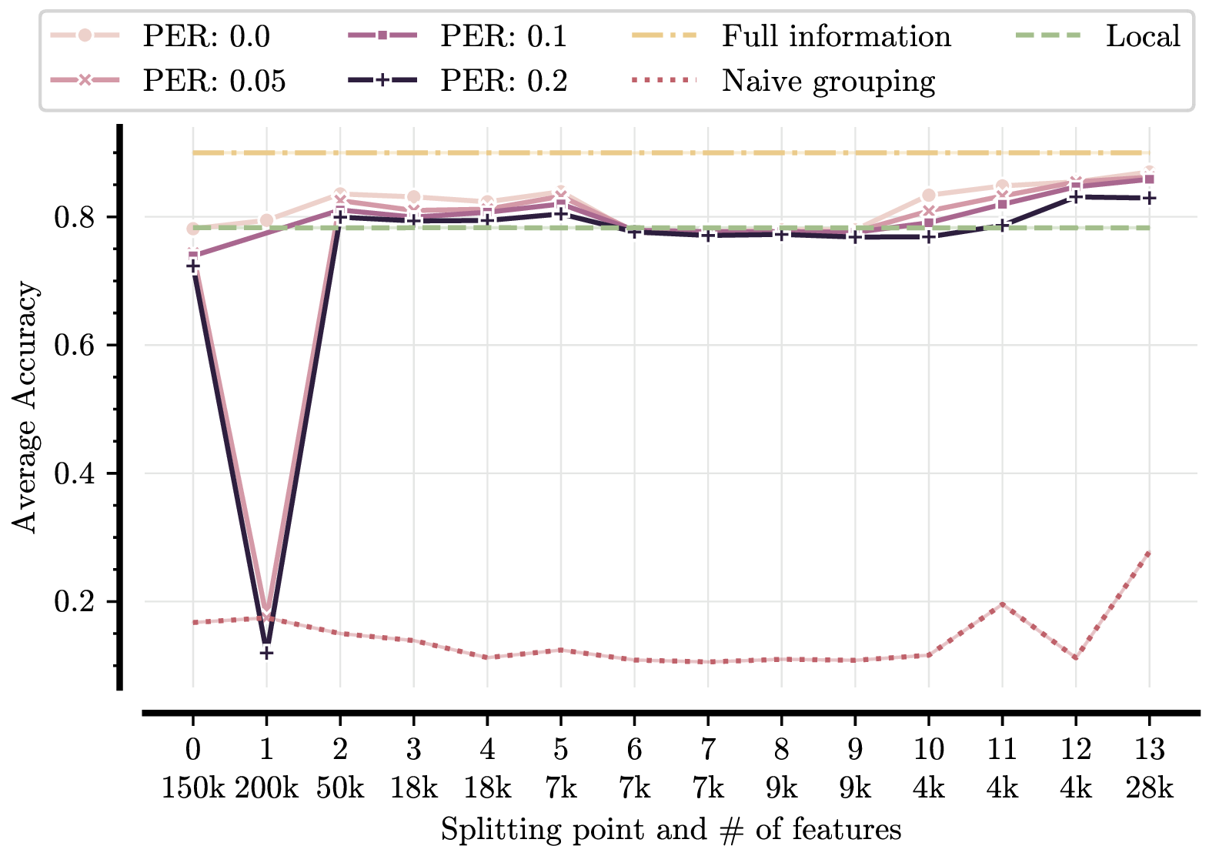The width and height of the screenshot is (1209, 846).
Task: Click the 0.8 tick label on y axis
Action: (74, 218)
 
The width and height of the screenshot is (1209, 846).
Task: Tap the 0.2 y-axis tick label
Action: (74, 601)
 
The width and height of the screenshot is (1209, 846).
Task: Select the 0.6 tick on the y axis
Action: (74, 346)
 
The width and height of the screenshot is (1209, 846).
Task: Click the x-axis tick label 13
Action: (1149, 748)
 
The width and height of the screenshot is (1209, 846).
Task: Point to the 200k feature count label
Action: (266, 787)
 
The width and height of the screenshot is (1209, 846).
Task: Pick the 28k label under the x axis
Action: (1149, 787)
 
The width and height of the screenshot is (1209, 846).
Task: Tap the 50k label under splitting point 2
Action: (340, 787)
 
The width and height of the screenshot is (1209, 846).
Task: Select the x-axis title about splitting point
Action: (670, 829)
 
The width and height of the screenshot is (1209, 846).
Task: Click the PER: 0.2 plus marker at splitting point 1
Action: (266, 653)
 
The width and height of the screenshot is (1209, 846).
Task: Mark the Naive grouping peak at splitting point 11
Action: (1002, 604)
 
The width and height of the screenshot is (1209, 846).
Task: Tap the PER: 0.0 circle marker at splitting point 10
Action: (929, 196)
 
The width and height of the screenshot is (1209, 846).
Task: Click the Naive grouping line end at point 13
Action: (1149, 553)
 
